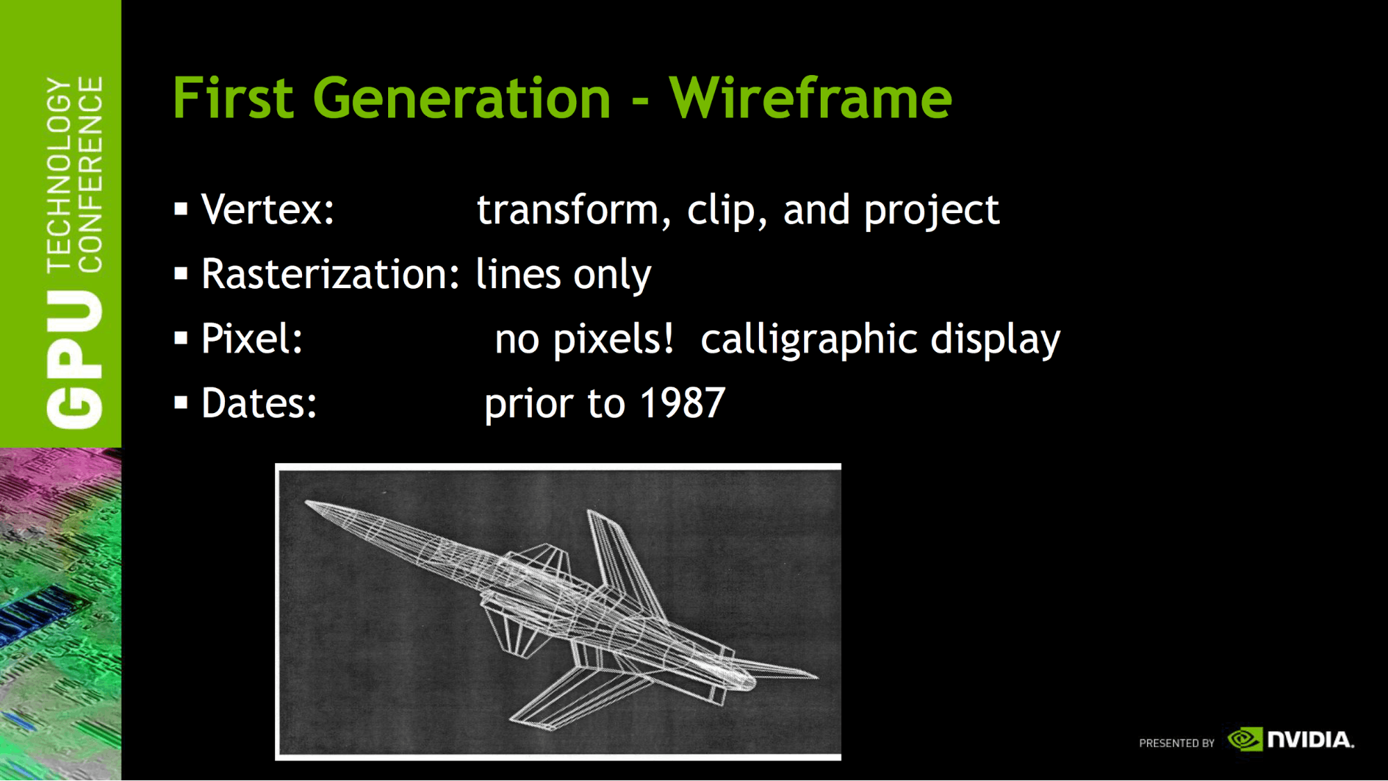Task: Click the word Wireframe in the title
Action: point(810,98)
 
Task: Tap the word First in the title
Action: point(233,98)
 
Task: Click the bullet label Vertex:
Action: point(268,209)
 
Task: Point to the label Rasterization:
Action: point(331,274)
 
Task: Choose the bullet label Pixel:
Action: point(252,338)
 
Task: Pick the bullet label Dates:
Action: point(259,403)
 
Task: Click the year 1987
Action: point(683,403)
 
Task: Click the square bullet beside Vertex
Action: point(181,209)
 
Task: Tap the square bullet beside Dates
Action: point(181,403)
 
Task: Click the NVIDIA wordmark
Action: point(1311,739)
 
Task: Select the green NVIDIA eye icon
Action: point(1245,739)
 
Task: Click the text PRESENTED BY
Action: point(1177,743)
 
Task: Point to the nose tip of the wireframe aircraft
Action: point(306,502)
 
